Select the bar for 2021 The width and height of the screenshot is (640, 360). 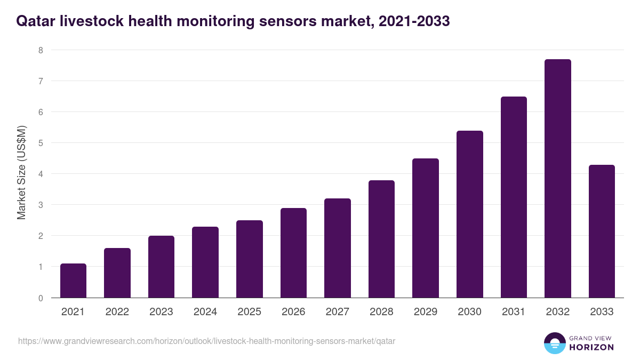point(73,281)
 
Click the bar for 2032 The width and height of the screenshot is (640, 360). point(557,179)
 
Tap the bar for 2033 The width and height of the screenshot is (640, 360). point(602,231)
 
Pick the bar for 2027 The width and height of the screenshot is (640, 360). point(337,248)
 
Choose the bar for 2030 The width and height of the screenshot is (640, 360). point(469,214)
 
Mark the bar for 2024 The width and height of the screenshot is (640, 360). point(205,262)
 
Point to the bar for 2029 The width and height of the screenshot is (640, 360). point(426,228)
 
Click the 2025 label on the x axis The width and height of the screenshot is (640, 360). point(250,312)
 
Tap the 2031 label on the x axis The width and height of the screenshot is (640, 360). point(514,312)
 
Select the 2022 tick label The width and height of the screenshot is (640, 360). point(117,312)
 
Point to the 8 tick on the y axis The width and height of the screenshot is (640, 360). point(40,50)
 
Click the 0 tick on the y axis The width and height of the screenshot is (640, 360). point(40,298)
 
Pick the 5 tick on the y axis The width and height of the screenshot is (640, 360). point(40,143)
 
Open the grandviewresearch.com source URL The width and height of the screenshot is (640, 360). point(207,341)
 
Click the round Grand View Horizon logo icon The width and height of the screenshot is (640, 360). point(554,343)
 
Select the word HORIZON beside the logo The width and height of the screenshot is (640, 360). point(591,347)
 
